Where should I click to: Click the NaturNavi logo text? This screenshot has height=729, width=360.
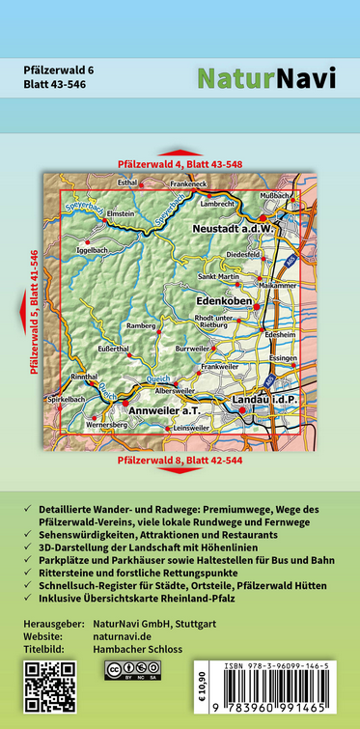coord(266,79)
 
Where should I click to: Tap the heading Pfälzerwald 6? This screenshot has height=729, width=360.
coord(60,70)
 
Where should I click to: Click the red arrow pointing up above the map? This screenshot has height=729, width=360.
coord(179,153)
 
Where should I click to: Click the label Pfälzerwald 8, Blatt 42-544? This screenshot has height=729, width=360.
coord(180,461)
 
